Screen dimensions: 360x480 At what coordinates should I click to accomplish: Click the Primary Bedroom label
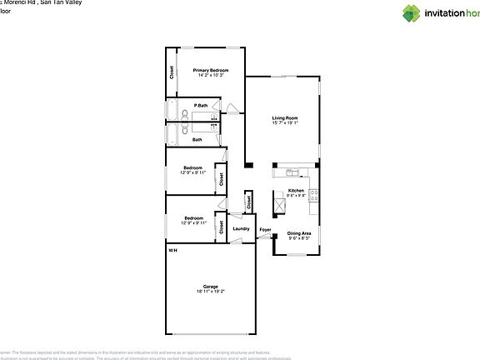click(x=211, y=70)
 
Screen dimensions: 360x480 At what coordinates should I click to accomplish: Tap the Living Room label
click(x=285, y=117)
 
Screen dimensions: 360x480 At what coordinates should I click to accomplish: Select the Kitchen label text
click(x=296, y=191)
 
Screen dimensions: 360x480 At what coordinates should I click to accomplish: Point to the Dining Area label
click(x=299, y=233)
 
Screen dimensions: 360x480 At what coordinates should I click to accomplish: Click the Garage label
click(x=210, y=286)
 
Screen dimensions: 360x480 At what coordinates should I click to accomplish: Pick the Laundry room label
click(x=242, y=229)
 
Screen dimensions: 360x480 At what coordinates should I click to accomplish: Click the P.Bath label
click(x=200, y=106)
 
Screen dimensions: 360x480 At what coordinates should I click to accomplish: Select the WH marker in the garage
click(x=172, y=250)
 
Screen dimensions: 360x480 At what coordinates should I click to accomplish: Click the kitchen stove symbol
click(x=313, y=196)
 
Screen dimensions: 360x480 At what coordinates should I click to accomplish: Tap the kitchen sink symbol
click(x=292, y=172)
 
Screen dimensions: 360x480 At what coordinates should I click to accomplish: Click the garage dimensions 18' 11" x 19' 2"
click(x=210, y=292)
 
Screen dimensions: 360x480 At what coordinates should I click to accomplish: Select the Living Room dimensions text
click(x=285, y=123)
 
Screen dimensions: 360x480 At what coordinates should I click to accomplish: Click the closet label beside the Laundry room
click(x=248, y=201)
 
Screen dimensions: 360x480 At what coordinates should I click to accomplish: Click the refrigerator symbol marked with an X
click(x=279, y=204)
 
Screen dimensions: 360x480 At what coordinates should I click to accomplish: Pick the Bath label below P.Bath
click(x=197, y=139)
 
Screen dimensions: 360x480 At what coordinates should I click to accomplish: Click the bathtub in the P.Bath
click(x=172, y=111)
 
